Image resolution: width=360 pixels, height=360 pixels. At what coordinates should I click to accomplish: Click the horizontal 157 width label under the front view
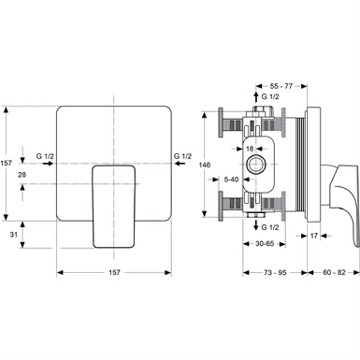click(x=114, y=273)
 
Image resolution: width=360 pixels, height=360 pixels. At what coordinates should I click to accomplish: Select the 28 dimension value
click(x=22, y=174)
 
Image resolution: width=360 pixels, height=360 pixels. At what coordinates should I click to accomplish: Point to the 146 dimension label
click(x=204, y=165)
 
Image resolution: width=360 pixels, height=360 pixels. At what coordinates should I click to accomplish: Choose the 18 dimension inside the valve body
click(x=250, y=149)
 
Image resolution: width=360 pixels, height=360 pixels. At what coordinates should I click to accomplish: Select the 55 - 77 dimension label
click(x=281, y=85)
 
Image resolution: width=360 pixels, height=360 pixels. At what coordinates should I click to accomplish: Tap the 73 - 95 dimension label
click(x=275, y=273)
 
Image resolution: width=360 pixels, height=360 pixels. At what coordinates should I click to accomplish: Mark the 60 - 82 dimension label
click(x=334, y=273)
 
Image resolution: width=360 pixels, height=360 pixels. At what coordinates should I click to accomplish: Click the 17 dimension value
click(x=314, y=235)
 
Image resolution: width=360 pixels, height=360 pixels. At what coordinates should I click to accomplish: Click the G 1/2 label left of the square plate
click(x=45, y=156)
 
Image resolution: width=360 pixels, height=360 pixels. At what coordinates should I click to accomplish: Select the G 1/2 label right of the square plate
click(x=182, y=156)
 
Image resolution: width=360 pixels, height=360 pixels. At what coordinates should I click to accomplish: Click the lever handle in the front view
click(x=114, y=208)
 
